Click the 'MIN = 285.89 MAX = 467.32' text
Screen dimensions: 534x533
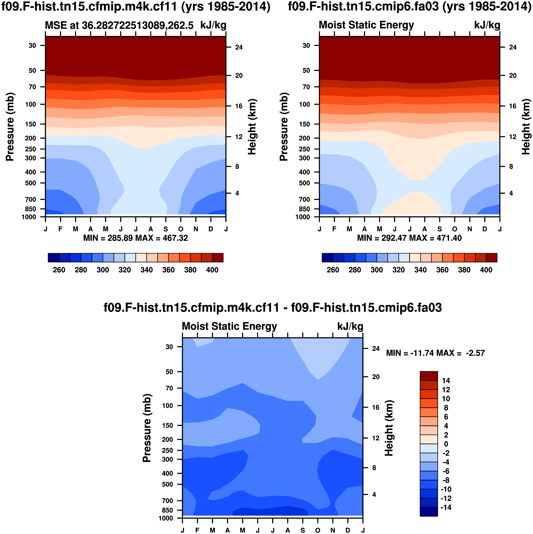pos(136,238)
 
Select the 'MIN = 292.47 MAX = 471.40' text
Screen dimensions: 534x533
pos(409,238)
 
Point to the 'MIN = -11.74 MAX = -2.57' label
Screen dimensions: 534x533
pos(435,353)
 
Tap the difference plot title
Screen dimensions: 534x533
pos(272,308)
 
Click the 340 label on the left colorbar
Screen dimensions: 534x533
pos(146,270)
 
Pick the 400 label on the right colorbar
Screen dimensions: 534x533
pos(486,270)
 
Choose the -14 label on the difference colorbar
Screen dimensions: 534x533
pos(445,508)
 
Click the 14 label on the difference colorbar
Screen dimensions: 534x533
pos(446,381)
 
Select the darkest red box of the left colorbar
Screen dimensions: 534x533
pos(218,257)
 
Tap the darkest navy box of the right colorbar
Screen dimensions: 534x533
pos(327,257)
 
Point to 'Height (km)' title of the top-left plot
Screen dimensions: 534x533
pos(252,127)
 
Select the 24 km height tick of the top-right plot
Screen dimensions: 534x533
pos(513,47)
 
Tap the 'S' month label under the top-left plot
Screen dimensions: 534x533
pos(166,229)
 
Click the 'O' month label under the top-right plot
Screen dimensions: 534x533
pos(454,229)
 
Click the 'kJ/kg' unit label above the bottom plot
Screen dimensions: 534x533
pos(350,326)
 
